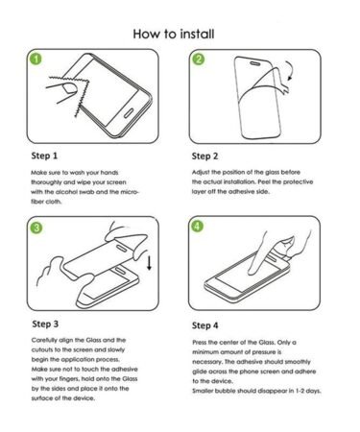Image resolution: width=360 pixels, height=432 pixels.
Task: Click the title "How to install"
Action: tap(174, 34)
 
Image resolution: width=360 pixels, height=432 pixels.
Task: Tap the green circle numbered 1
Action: tap(36, 59)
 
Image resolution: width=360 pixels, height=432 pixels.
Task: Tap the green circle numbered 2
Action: tap(199, 60)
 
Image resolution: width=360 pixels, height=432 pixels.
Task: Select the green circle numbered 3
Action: tap(36, 228)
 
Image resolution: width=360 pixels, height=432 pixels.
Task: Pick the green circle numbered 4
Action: tap(197, 226)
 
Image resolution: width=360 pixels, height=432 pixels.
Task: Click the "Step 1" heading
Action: tap(44, 156)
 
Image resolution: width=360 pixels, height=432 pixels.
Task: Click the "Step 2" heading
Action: tap(204, 156)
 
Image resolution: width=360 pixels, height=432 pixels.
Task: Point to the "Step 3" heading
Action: tap(45, 324)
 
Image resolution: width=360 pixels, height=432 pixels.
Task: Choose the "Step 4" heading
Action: tap(205, 325)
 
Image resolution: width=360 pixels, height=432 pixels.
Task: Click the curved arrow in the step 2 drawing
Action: tap(291, 70)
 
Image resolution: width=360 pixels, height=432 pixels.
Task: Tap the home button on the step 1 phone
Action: tap(129, 113)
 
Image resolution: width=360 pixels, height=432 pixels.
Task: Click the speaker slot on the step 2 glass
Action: tap(255, 63)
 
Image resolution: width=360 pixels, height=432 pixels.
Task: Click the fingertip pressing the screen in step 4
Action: tap(252, 273)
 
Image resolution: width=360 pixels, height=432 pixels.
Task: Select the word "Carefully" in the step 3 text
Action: tap(44, 340)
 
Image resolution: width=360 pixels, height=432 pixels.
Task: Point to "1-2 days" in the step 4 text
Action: tap(308, 391)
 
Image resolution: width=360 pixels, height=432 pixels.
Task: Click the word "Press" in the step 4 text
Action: tap(200, 343)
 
